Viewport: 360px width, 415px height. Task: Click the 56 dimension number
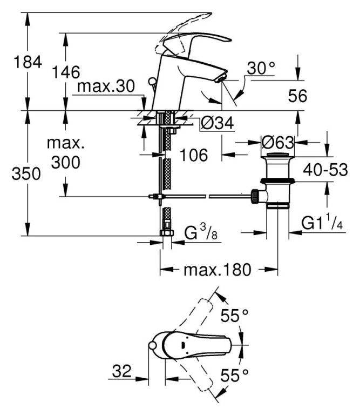click(x=296, y=96)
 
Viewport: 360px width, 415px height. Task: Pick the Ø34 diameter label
click(x=216, y=124)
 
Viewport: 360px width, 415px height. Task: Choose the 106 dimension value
click(x=193, y=155)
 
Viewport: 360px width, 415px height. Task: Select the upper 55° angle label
click(x=237, y=316)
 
